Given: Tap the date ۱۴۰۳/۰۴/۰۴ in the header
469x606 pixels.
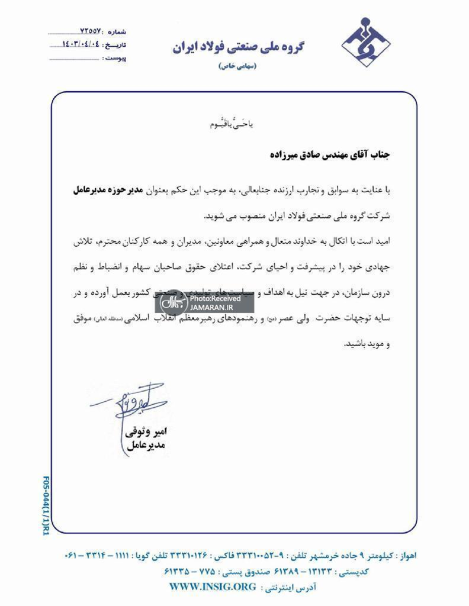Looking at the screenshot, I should click(81, 44).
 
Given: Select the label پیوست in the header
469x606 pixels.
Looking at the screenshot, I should click(115, 59).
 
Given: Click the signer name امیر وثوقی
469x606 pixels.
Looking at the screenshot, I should click(145, 431).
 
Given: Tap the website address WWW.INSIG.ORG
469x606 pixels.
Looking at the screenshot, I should click(213, 586).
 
